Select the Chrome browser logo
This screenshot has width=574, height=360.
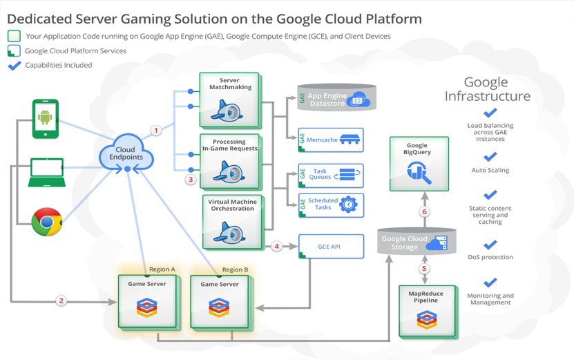(47, 222)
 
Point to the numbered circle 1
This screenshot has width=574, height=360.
(156, 130)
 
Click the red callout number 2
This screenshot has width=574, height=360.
(61, 301)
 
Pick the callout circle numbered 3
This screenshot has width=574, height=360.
(191, 180)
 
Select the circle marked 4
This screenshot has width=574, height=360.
(277, 245)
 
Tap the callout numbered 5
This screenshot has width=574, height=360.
(424, 268)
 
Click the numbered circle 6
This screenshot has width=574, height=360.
(424, 211)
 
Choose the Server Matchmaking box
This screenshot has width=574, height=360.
(229, 100)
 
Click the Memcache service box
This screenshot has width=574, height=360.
(331, 140)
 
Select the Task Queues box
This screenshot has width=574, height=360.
(331, 176)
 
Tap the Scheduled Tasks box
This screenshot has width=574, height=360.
(331, 205)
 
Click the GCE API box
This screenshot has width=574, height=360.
(331, 246)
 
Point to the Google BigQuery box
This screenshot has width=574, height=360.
(419, 163)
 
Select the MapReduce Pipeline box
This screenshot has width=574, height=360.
(426, 310)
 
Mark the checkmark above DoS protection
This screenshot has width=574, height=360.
(490, 245)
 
